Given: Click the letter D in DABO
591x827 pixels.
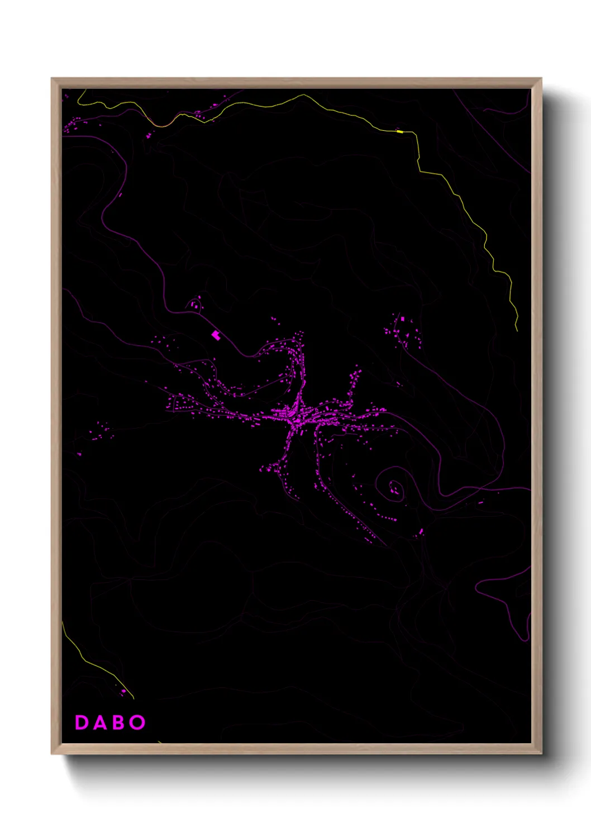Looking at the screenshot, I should (x=82, y=723).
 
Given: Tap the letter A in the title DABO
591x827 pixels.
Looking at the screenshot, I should (x=99, y=723).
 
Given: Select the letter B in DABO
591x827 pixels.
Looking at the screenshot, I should (x=118, y=723).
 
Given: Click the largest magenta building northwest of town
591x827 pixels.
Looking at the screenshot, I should (x=216, y=335).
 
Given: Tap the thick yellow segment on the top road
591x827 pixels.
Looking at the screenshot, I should (x=399, y=131).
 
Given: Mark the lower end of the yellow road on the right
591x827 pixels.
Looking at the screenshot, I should (x=517, y=330).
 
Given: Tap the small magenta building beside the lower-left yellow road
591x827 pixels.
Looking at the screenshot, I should (x=123, y=692).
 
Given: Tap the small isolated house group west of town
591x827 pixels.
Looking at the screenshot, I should (x=101, y=430).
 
